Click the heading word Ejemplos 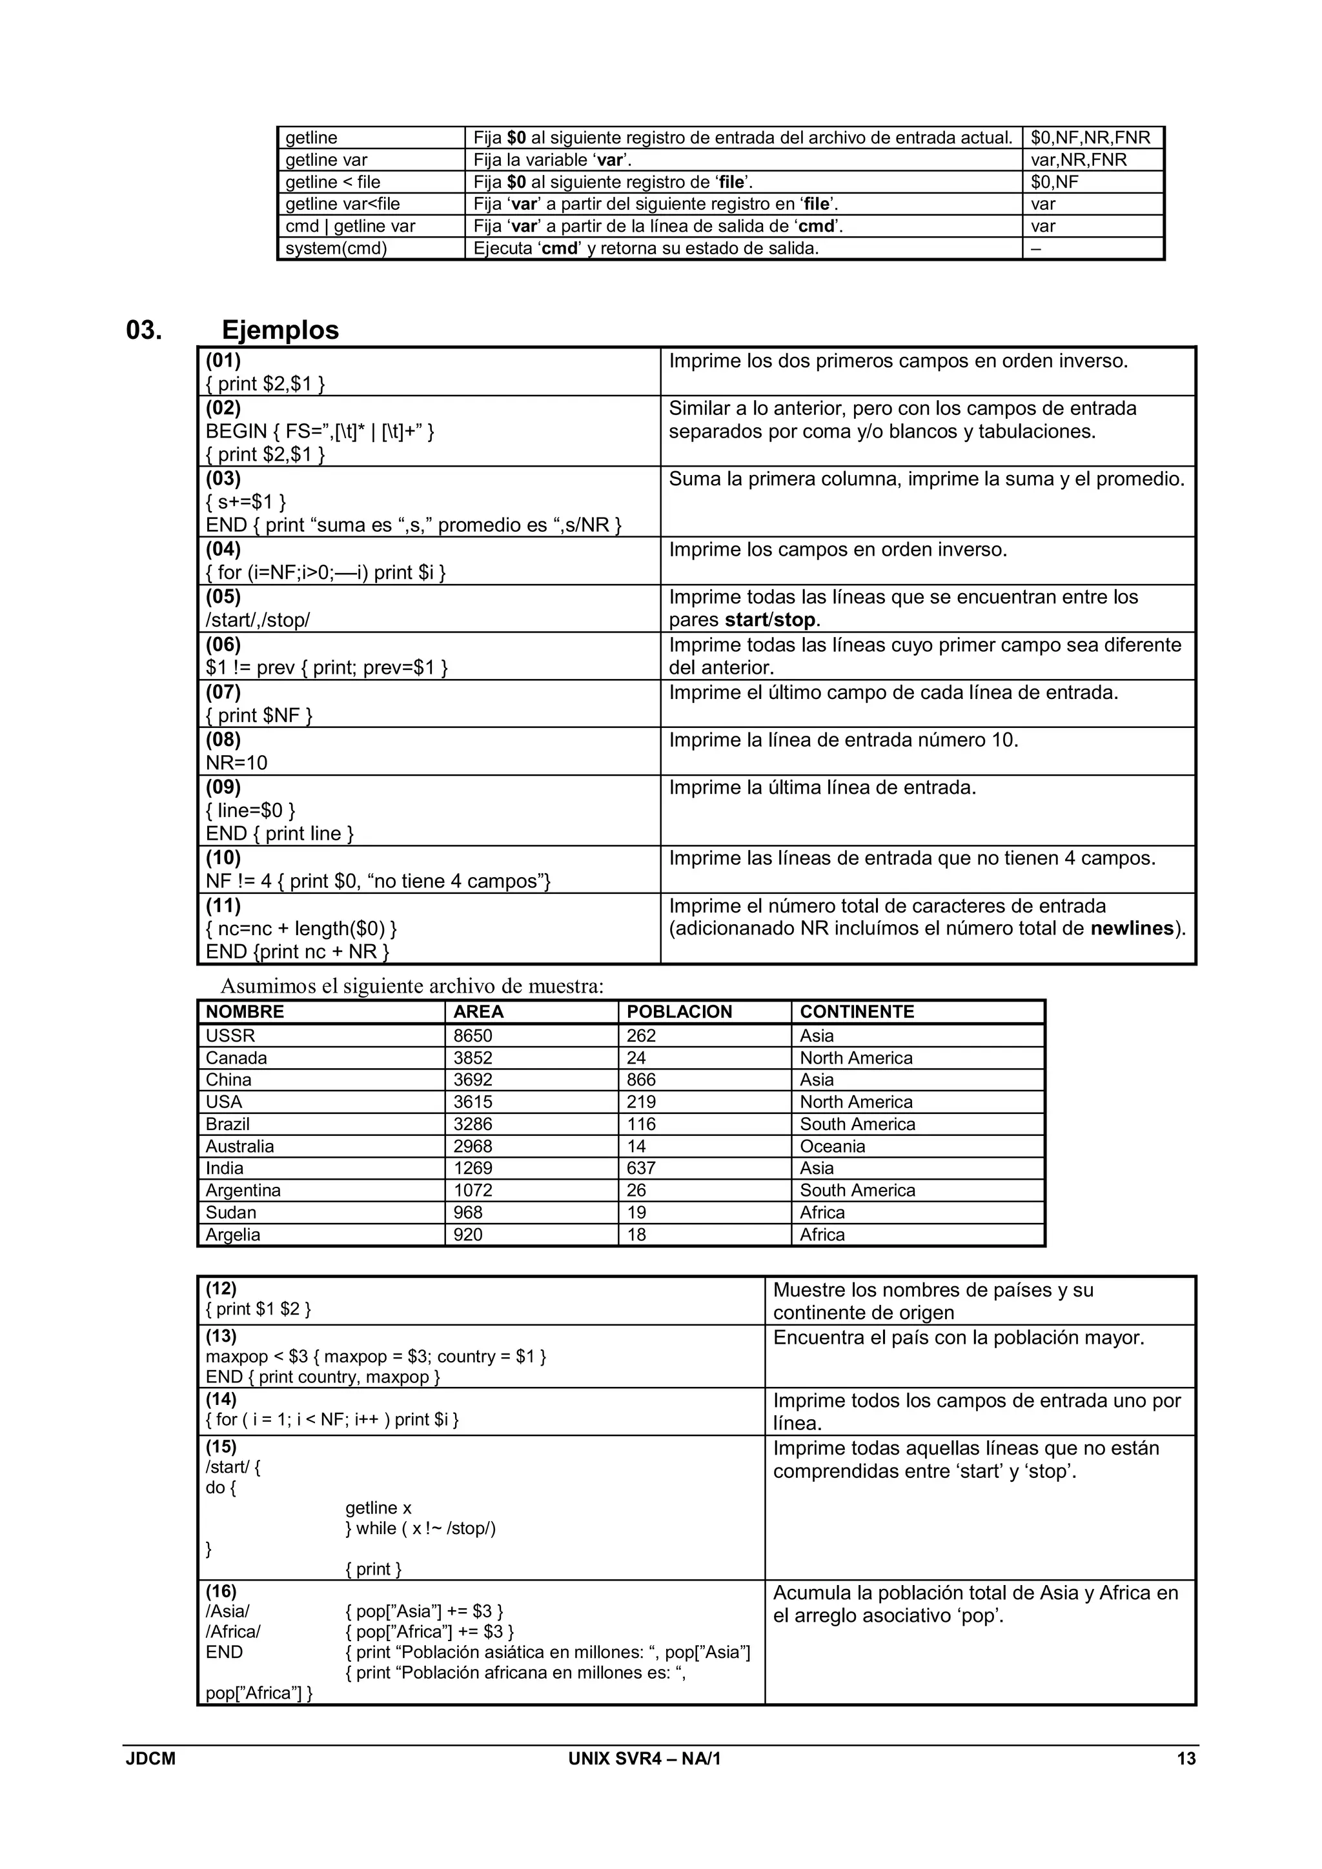point(280,330)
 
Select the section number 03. point(144,330)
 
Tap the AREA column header point(479,1012)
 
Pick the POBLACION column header point(679,1012)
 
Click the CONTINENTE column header point(857,1012)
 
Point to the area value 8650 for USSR point(473,1035)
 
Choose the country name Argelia point(233,1235)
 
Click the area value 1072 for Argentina point(473,1190)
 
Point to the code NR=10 point(236,763)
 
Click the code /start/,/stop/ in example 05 point(258,620)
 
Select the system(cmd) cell point(336,248)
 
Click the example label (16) point(221,1591)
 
